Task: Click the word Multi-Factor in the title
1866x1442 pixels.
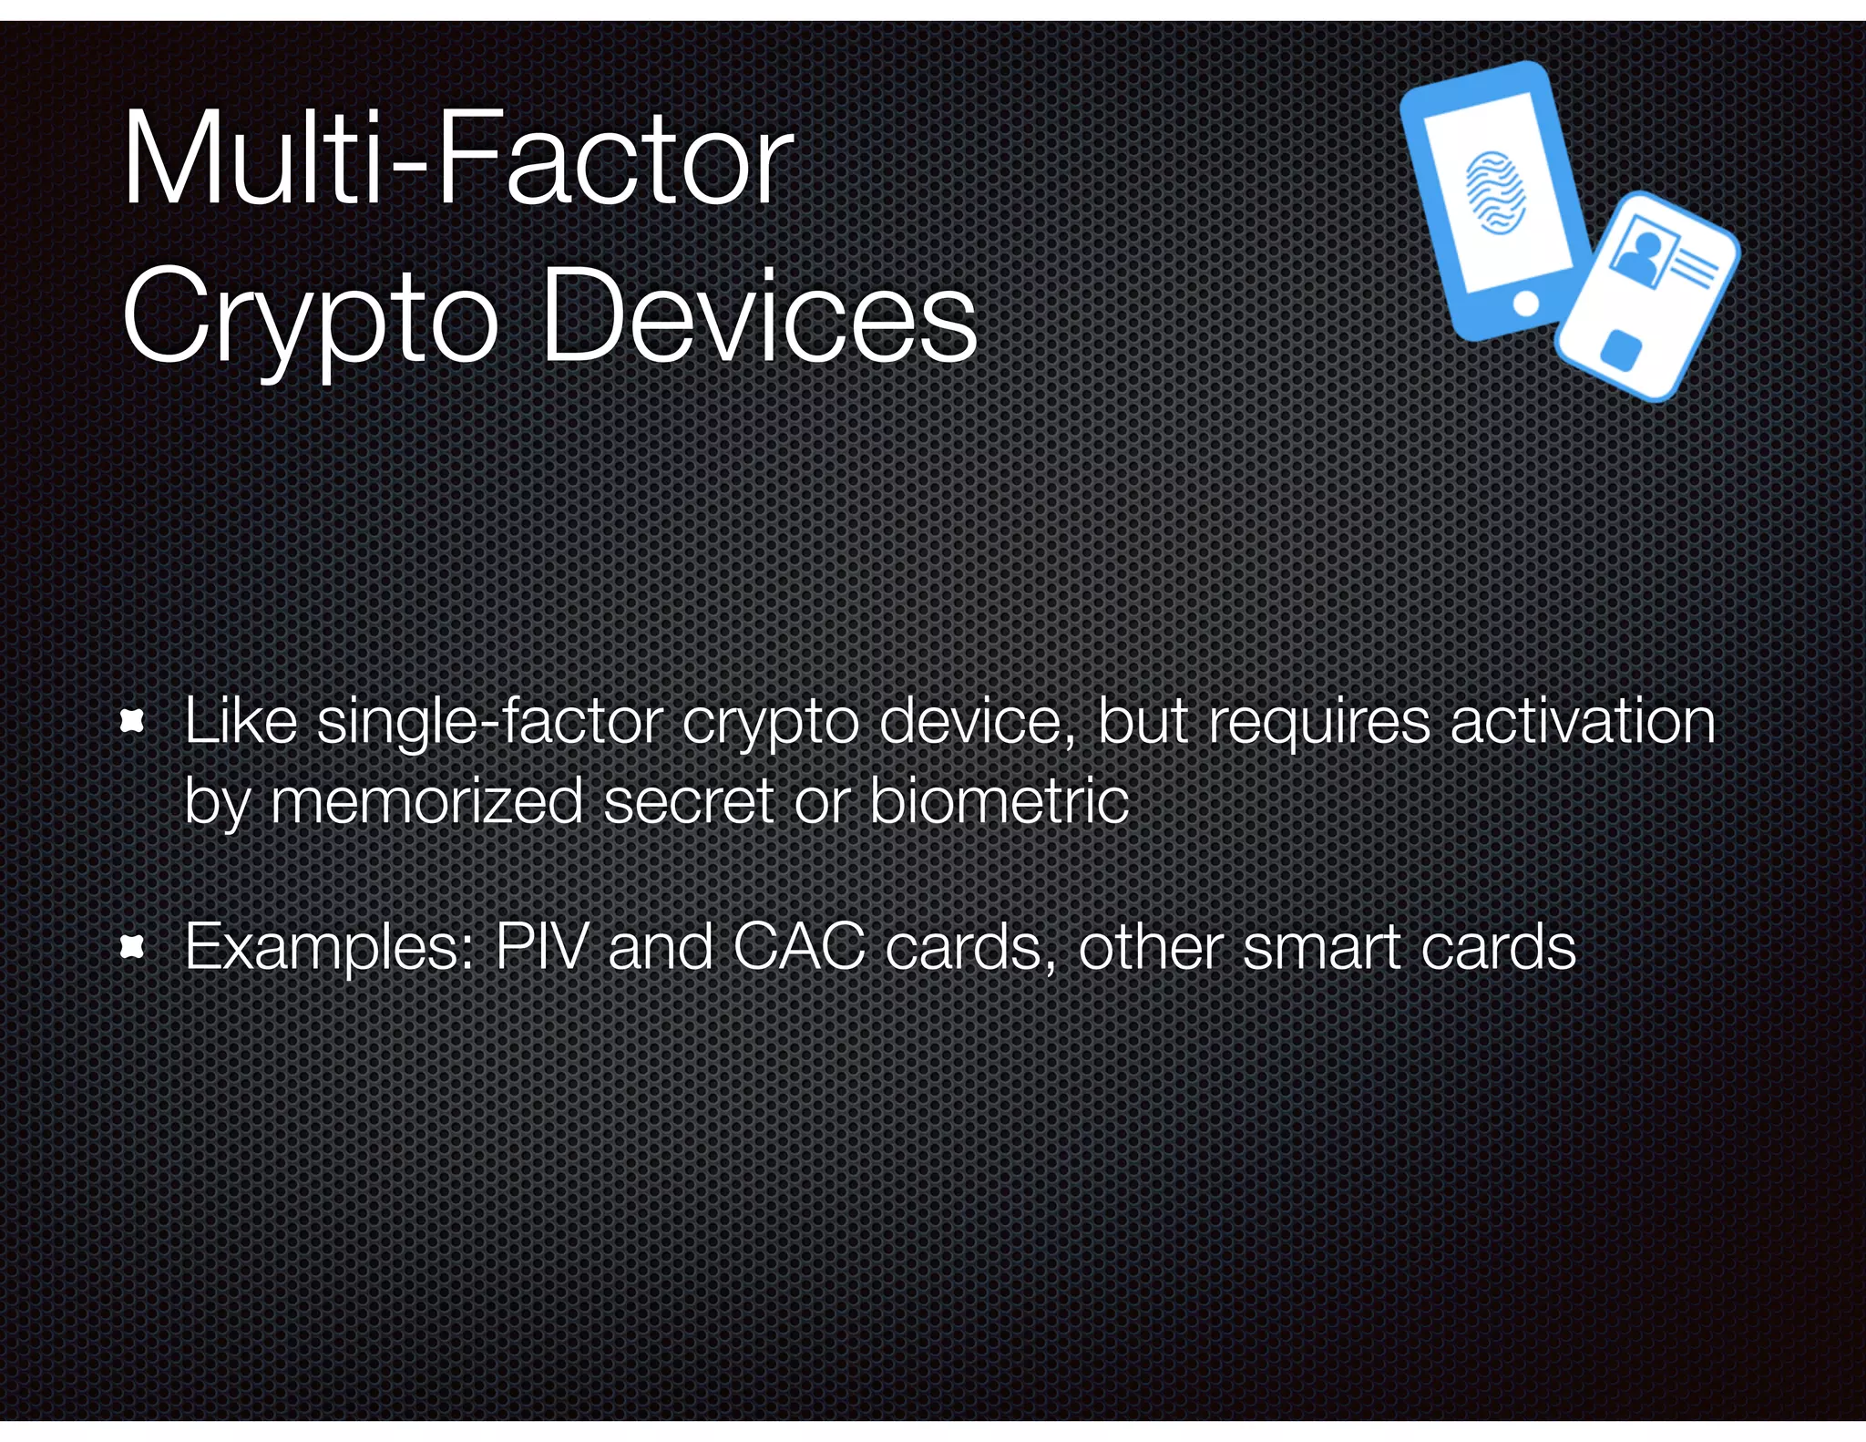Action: [x=457, y=160]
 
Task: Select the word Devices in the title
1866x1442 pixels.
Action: [x=758, y=317]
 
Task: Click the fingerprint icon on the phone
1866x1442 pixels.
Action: [x=1495, y=191]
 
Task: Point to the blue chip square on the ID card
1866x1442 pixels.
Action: [x=1621, y=351]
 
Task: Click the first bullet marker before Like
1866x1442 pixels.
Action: [x=133, y=723]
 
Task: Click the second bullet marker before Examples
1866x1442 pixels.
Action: [x=133, y=948]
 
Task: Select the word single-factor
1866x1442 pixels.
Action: [x=489, y=723]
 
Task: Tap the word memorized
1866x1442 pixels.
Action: [x=426, y=801]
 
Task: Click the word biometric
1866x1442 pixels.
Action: [x=999, y=801]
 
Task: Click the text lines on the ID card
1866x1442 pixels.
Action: [x=1692, y=267]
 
